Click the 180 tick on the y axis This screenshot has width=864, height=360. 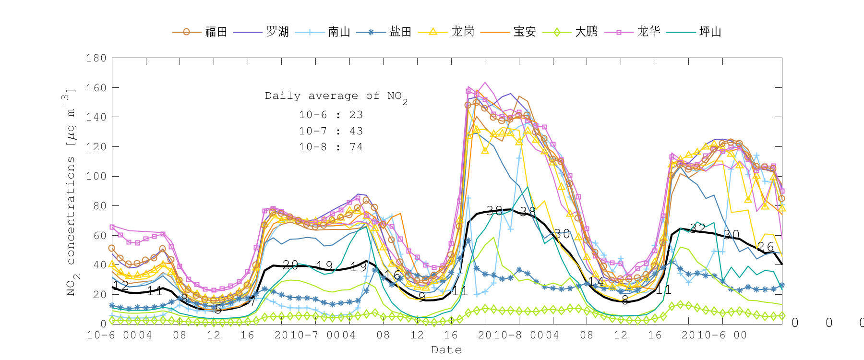[x=96, y=58]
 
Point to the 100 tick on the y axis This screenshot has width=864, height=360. [x=96, y=176]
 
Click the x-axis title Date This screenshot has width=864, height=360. [x=446, y=350]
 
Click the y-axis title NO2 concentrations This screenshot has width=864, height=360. [x=71, y=192]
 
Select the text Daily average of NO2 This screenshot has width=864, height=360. [x=336, y=96]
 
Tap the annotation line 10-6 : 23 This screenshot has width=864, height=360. [x=331, y=115]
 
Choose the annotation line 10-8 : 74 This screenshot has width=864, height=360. [x=331, y=147]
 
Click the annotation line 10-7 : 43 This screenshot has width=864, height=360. [x=331, y=131]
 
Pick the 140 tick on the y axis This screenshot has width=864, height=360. [x=96, y=117]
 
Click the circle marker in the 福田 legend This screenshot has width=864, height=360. [x=186, y=32]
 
